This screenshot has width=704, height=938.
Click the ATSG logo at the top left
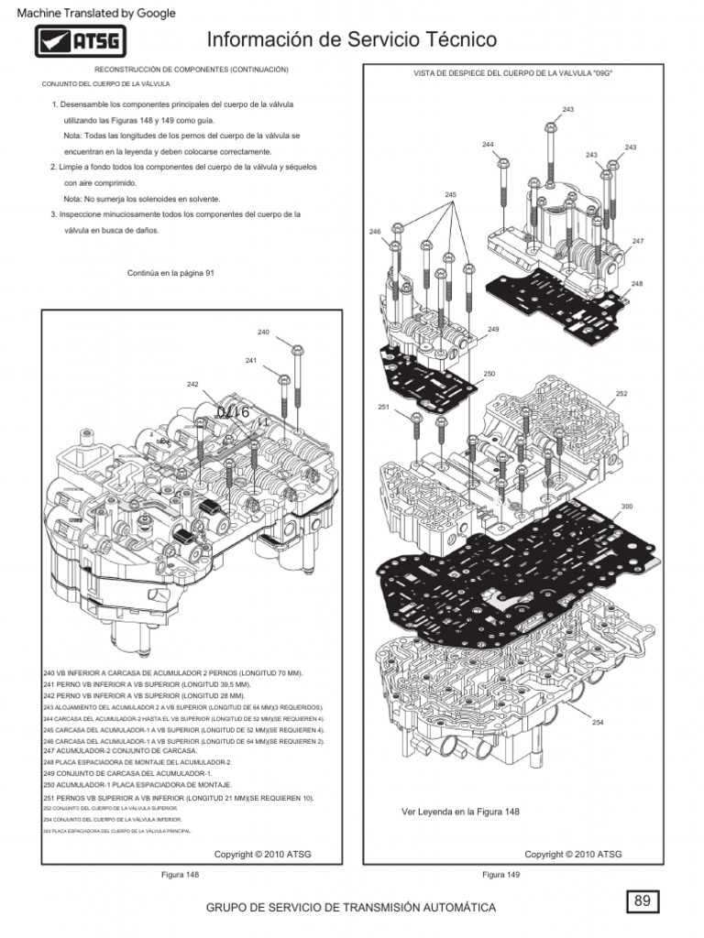coord(81,42)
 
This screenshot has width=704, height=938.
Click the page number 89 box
coord(643,901)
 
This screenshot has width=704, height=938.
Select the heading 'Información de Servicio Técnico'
coord(352,40)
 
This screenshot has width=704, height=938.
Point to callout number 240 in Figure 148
coord(263,332)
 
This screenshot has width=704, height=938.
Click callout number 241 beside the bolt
coord(250,360)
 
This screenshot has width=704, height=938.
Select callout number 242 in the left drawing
coord(192,384)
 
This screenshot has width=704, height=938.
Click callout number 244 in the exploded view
coord(487,145)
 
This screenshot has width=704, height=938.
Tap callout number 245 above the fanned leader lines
coord(450,195)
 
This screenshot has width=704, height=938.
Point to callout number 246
coord(374,232)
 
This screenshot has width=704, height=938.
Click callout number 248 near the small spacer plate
coord(637,284)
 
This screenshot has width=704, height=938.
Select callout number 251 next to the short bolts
coord(383,406)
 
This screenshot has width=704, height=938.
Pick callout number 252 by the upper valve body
coord(621,393)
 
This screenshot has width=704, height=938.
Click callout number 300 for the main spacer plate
coord(627,506)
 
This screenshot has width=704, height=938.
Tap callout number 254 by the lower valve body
coord(598,722)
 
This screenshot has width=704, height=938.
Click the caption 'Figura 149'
coord(500,875)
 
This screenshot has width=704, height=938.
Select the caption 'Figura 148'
coord(180,875)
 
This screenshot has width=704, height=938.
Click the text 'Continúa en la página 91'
coord(175,273)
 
